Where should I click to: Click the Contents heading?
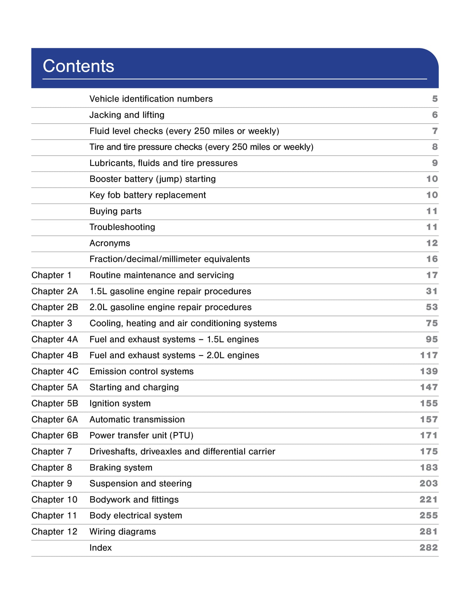click(78, 66)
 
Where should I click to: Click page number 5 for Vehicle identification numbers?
click(435, 99)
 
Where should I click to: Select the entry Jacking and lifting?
click(127, 115)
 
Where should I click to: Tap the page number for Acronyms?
click(432, 243)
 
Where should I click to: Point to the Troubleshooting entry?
click(122, 227)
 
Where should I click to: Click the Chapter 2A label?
click(55, 291)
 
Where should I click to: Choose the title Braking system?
click(121, 467)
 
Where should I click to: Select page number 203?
click(428, 483)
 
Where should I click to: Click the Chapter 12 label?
click(54, 531)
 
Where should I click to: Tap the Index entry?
click(101, 547)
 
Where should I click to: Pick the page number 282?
click(428, 547)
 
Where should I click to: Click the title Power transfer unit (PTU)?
click(141, 435)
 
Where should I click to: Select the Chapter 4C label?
click(55, 371)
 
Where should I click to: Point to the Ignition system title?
click(120, 403)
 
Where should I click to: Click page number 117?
click(429, 355)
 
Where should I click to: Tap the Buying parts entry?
click(115, 211)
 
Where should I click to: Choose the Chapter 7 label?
click(52, 452)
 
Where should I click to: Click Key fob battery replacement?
click(148, 195)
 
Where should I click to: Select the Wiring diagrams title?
click(123, 531)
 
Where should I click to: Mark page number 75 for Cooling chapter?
click(431, 323)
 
